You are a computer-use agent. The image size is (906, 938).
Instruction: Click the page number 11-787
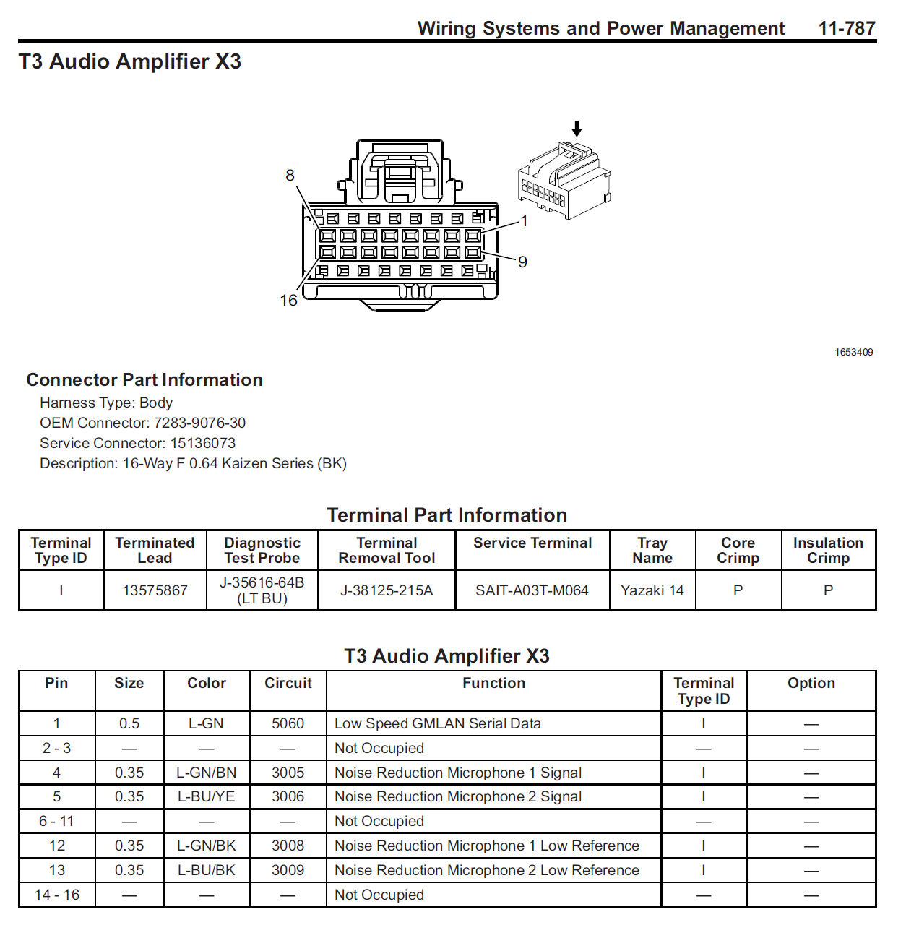[846, 28]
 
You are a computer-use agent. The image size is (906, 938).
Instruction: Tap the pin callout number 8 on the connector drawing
[290, 176]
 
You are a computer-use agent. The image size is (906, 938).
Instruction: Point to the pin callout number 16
[288, 301]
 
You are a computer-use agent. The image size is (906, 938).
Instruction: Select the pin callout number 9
[522, 262]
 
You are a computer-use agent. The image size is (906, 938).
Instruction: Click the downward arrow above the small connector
[577, 129]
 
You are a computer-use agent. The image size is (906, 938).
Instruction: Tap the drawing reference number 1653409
[853, 353]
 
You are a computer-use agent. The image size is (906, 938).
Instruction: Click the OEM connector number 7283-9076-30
[199, 423]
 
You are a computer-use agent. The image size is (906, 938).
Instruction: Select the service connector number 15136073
[203, 443]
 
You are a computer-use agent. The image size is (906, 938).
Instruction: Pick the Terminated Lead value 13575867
[155, 590]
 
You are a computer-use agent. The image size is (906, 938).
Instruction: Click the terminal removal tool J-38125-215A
[387, 590]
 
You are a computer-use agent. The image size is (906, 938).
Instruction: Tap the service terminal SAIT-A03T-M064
[532, 590]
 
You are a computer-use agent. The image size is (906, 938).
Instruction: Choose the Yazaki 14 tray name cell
[652, 590]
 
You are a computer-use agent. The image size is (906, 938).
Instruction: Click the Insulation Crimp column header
[828, 550]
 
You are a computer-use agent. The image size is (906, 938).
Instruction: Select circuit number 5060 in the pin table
[288, 723]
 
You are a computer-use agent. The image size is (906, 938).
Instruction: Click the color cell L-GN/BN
[207, 773]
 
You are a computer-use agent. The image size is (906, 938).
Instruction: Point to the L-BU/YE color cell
[207, 796]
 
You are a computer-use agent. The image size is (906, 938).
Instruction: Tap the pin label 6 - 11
[56, 821]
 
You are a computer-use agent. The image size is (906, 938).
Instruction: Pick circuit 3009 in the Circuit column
[288, 870]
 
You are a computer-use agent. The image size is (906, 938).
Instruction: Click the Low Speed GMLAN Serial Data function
[437, 723]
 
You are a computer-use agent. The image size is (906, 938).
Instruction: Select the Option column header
[811, 683]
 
